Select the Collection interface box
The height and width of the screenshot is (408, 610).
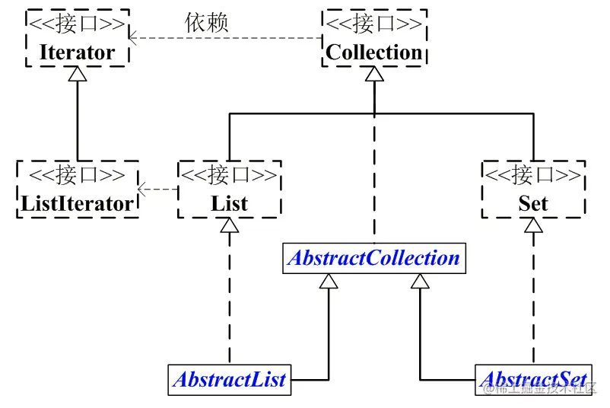click(x=373, y=38)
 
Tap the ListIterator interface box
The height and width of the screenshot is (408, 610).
click(x=77, y=190)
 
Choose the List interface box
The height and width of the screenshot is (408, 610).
click(x=229, y=190)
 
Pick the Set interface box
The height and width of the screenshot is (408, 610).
click(x=533, y=190)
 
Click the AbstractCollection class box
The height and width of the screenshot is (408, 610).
click(x=373, y=258)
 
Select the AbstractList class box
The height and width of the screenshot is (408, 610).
click(x=229, y=378)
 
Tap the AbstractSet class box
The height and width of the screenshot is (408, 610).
click(x=533, y=378)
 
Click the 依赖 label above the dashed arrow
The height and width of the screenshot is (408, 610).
click(x=206, y=23)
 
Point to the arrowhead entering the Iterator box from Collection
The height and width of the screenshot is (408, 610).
click(x=133, y=37)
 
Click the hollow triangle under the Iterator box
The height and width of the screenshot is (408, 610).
click(x=77, y=75)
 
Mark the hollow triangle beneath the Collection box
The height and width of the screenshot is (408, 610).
click(x=373, y=75)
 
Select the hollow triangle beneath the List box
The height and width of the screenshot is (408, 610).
click(x=229, y=225)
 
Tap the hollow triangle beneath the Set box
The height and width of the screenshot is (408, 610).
click(x=533, y=225)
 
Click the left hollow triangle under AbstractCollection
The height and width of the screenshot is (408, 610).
click(x=329, y=282)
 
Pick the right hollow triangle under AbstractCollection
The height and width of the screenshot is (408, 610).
click(x=419, y=282)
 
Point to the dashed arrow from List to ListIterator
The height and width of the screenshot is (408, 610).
click(x=158, y=190)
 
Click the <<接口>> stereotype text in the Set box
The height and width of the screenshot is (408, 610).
click(x=533, y=175)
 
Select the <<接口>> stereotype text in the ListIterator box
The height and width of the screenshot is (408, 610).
click(x=77, y=175)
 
